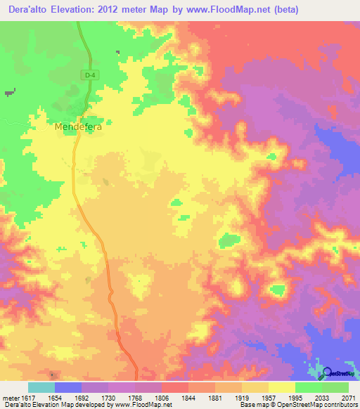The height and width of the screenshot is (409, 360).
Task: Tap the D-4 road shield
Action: (89, 75)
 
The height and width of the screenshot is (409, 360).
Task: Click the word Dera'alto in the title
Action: (28, 10)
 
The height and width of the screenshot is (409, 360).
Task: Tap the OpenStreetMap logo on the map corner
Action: (335, 372)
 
